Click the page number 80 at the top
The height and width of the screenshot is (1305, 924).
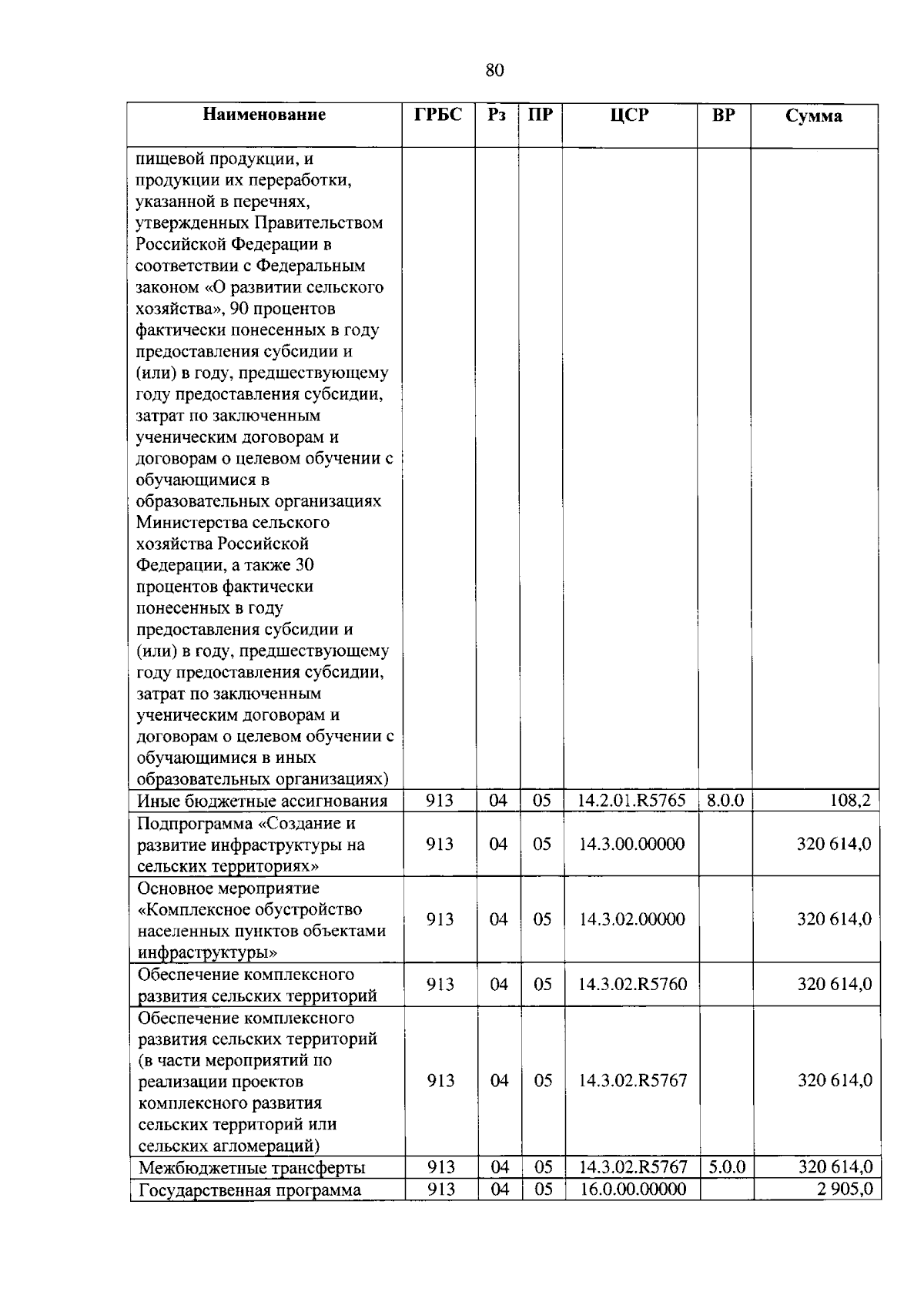coord(495,71)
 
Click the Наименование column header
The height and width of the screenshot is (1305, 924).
coord(264,115)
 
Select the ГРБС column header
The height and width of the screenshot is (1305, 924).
coord(438,115)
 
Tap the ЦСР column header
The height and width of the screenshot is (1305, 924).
coord(629,115)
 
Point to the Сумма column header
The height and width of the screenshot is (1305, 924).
coord(814,116)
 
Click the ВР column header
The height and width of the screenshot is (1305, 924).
coord(723,115)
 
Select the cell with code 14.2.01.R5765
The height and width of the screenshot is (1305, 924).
coord(631,800)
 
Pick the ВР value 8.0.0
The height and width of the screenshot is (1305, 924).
coord(725,800)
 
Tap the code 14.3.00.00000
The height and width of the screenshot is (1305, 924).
coord(631,844)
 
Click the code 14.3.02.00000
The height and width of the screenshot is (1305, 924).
coord(631,919)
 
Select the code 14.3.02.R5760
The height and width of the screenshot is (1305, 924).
coord(632,984)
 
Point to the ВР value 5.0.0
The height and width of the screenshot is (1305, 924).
coord(727,1166)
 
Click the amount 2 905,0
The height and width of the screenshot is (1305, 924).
coord(845,1189)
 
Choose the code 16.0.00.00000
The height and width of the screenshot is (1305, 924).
coord(633,1189)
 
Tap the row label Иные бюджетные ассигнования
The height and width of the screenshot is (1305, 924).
coord(262,801)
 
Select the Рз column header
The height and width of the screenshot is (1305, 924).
coord(497,115)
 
